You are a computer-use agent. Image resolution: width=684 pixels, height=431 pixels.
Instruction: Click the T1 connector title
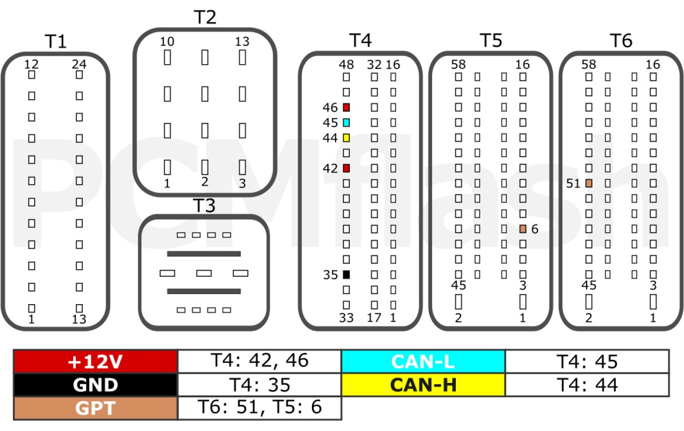click(56, 41)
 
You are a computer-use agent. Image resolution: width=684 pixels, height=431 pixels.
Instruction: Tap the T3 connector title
click(204, 206)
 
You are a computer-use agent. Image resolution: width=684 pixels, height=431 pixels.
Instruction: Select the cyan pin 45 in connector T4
click(346, 123)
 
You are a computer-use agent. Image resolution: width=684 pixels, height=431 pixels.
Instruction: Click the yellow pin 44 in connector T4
click(346, 138)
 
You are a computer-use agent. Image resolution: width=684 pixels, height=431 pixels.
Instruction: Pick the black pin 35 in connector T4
click(346, 274)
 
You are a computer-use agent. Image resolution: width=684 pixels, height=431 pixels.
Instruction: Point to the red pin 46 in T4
click(346, 107)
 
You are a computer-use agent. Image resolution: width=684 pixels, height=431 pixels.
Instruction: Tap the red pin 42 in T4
click(346, 168)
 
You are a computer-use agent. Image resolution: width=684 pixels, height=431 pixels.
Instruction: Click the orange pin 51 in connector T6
click(589, 183)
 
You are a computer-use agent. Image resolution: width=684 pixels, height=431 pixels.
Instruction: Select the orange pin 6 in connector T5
click(523, 229)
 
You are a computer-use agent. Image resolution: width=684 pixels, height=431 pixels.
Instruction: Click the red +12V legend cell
click(95, 362)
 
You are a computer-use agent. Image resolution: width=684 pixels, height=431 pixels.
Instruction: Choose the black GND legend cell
click(95, 385)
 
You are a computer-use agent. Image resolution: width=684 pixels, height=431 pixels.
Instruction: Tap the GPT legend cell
click(95, 408)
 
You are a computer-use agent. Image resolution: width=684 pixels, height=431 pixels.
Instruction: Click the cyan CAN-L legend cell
click(423, 362)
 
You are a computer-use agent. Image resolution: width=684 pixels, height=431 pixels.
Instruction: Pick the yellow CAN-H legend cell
click(423, 385)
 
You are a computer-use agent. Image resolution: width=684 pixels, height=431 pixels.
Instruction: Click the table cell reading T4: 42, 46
click(259, 361)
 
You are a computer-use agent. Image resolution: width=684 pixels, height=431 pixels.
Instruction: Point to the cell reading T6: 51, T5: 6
click(259, 408)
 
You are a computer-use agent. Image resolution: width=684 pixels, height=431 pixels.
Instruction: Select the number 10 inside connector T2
click(167, 41)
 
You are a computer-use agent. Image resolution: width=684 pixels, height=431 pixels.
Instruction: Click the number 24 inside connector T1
click(79, 64)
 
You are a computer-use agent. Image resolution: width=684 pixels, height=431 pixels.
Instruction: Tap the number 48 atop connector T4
click(346, 65)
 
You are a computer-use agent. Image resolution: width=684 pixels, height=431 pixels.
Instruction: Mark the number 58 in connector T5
click(458, 65)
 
